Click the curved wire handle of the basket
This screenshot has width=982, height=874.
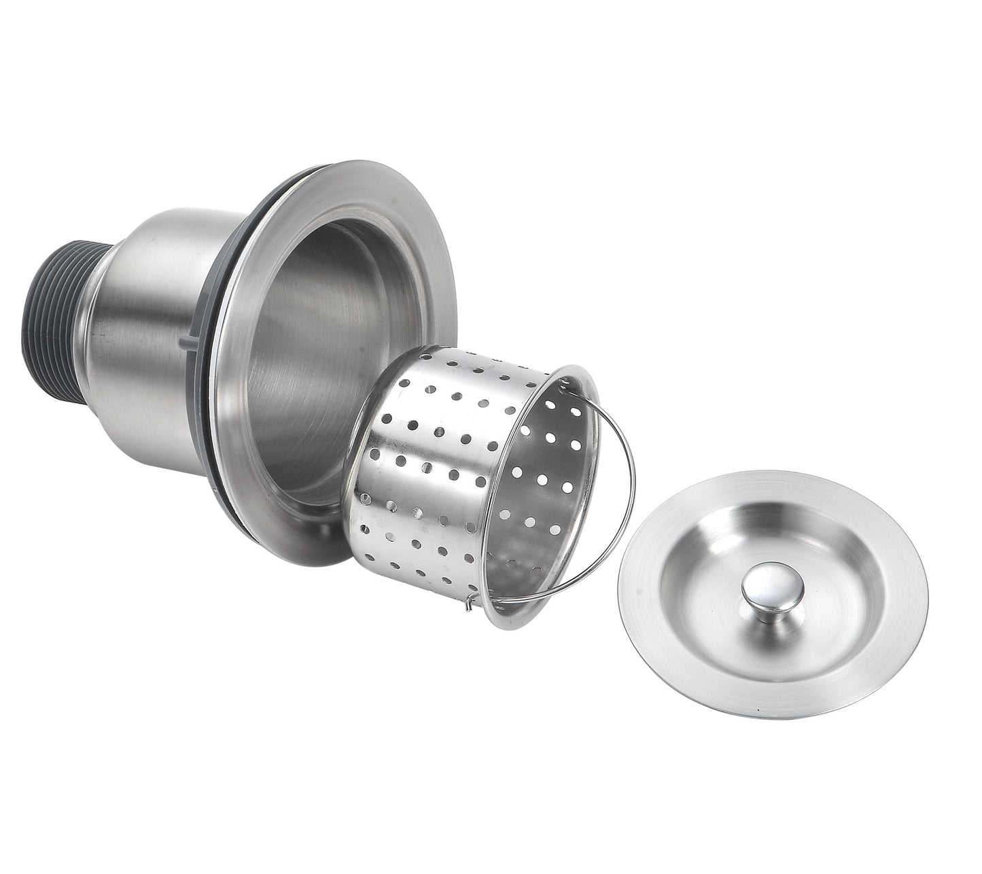coord(625,489)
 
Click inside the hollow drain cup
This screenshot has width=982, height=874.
coord(306,340)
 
